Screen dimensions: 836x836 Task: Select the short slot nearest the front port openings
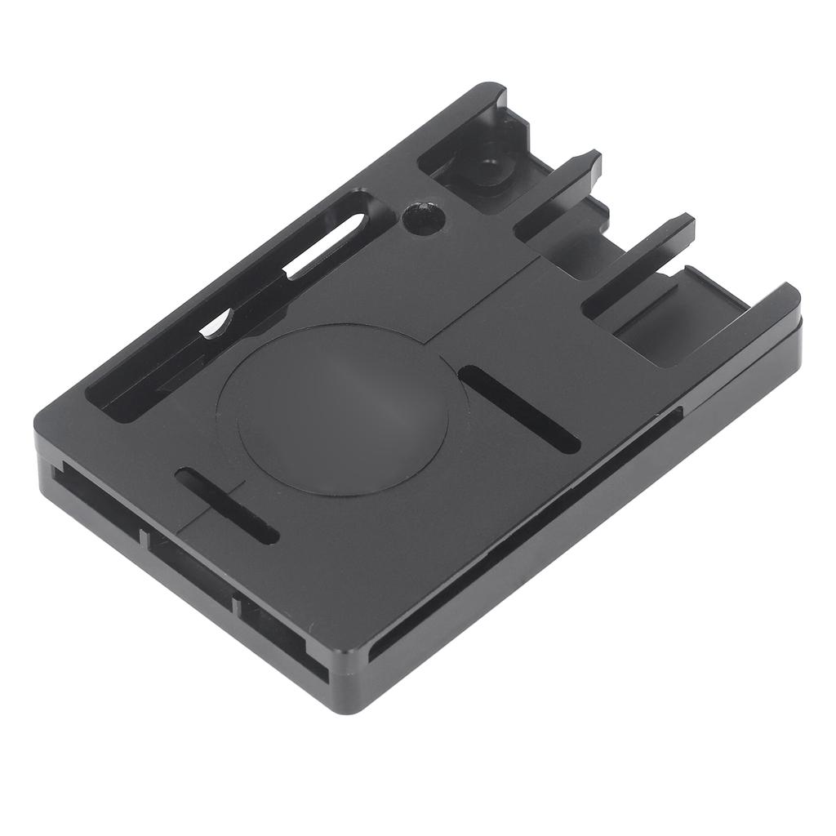point(228,506)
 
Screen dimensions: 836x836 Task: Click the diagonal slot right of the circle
point(519,409)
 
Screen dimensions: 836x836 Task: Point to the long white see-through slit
point(327,245)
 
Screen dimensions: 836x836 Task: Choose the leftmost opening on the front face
point(98,498)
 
